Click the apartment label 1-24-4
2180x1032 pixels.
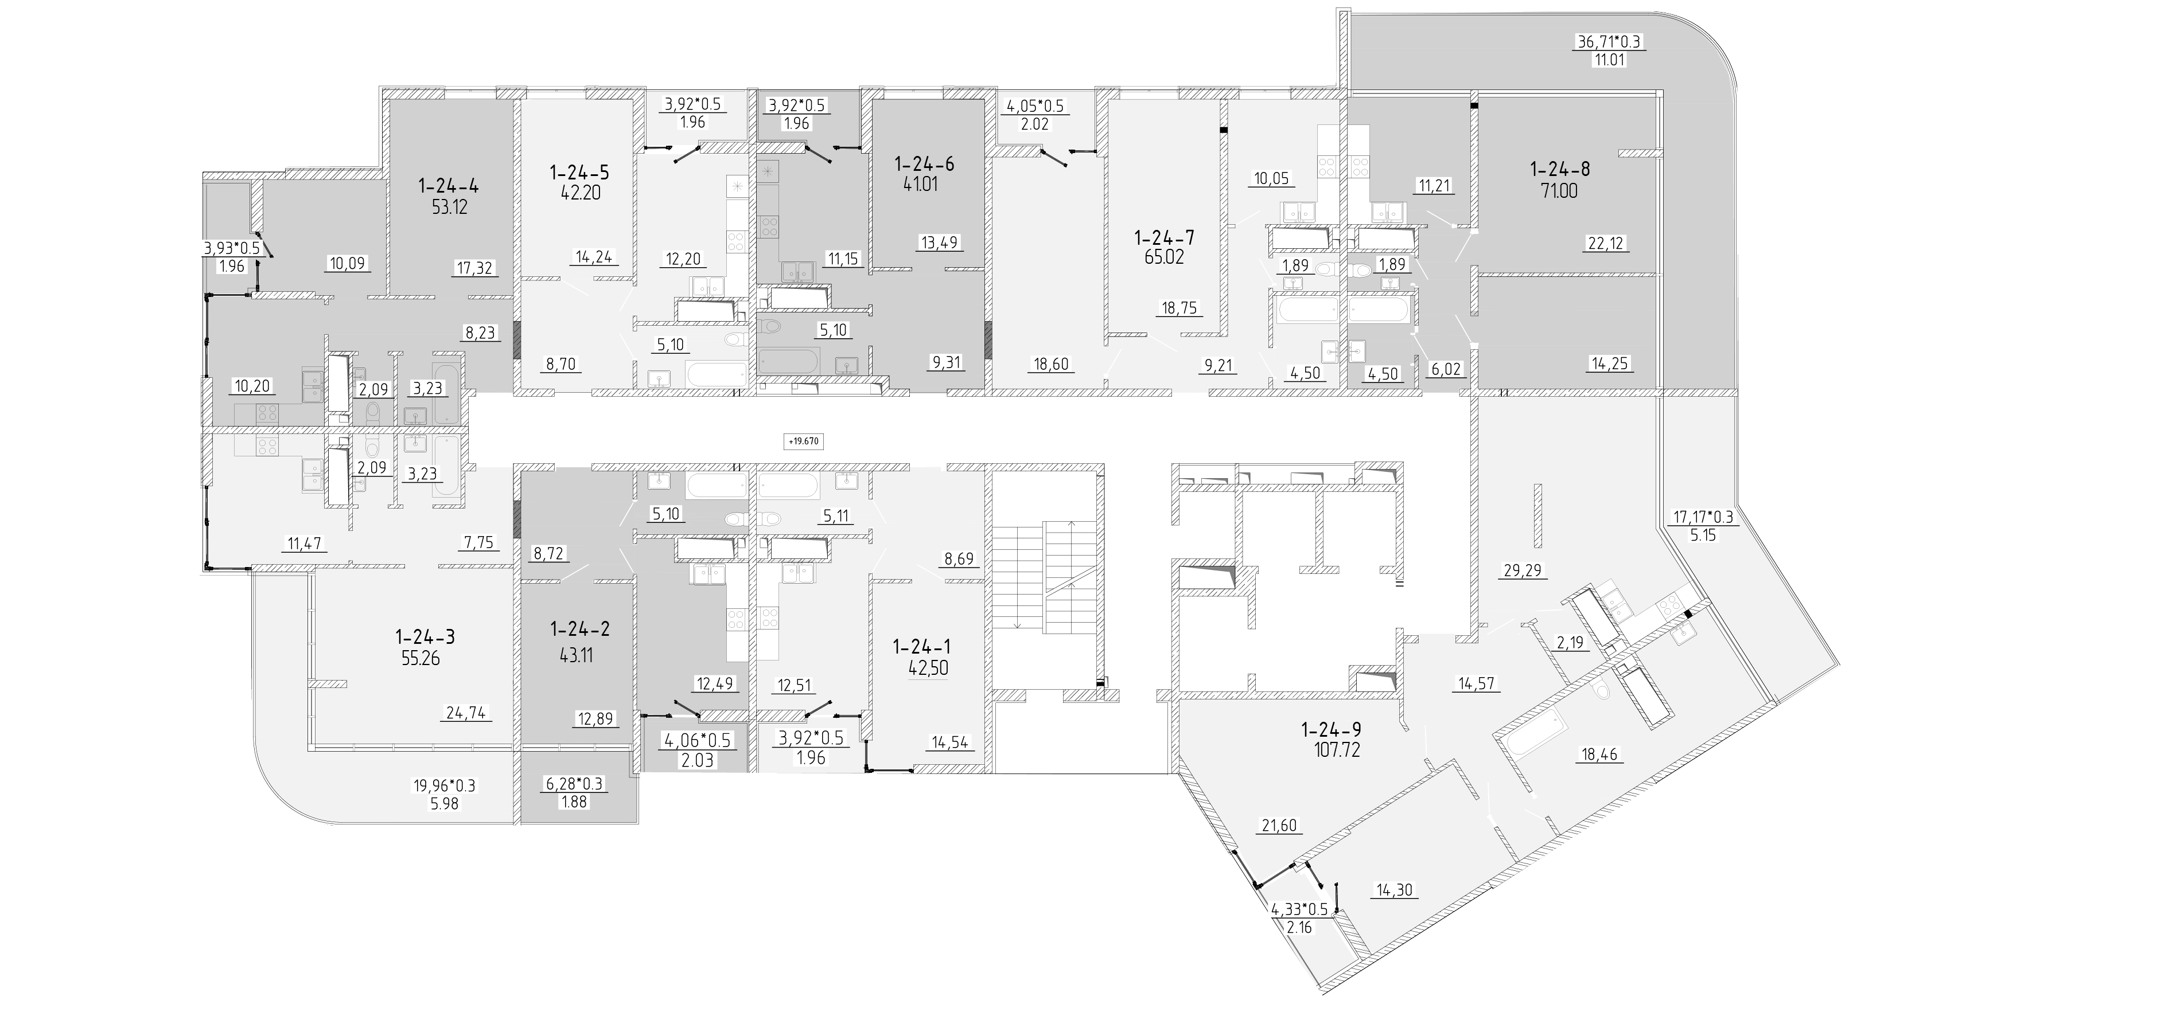[449, 185]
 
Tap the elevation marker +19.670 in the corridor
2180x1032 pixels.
[804, 441]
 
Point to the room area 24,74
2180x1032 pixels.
[465, 713]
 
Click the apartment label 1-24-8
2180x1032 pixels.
[1560, 169]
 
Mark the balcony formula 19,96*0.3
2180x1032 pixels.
[444, 786]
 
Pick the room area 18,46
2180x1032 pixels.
[1595, 754]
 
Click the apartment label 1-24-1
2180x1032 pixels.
[921, 647]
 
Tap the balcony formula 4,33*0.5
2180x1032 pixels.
[1301, 911]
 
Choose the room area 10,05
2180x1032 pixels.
[1271, 178]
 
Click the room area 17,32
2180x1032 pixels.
[474, 268]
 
